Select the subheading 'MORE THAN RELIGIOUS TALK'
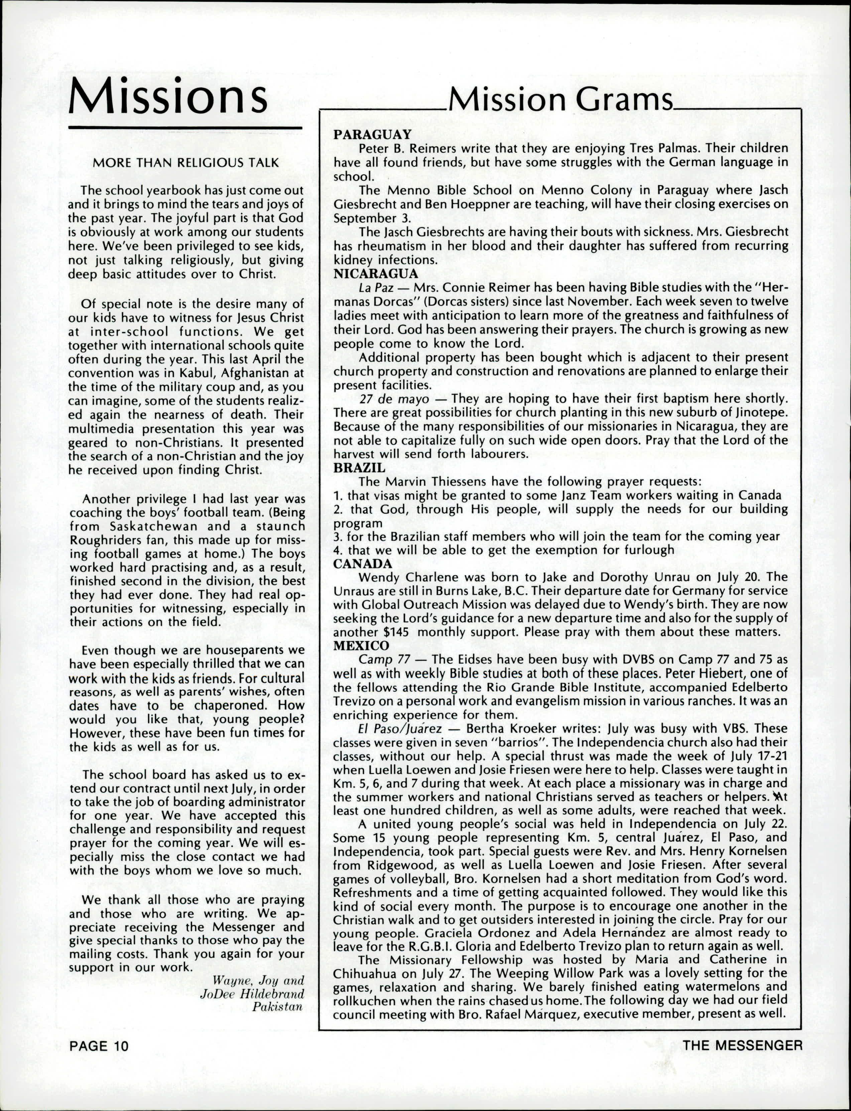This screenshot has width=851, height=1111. [x=186, y=163]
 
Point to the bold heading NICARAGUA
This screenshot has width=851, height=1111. [x=376, y=274]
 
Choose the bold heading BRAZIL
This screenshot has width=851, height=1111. [x=359, y=467]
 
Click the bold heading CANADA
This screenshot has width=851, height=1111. [x=363, y=564]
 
